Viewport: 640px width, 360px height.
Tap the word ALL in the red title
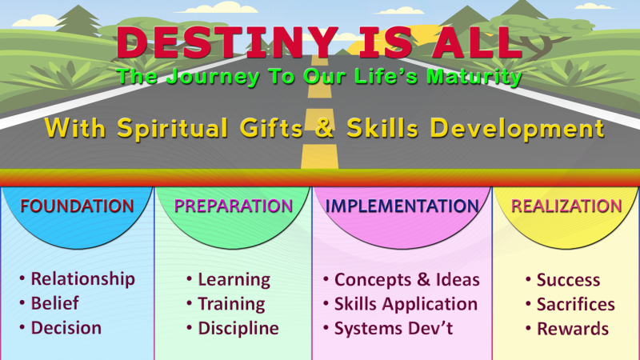tap(476, 44)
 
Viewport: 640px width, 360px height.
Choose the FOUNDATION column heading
tap(77, 206)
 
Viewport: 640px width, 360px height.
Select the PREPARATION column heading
tap(233, 206)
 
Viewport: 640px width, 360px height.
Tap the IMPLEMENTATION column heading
tap(402, 206)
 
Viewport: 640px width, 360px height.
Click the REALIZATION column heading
tap(566, 206)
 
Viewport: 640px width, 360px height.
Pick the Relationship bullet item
tap(82, 279)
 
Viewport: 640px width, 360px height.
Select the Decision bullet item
tap(66, 328)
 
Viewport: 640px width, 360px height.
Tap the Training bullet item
tap(231, 303)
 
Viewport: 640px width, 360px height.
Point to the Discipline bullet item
tap(238, 328)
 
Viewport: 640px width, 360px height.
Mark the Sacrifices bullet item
tap(575, 304)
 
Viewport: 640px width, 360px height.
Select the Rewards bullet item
tap(572, 329)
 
